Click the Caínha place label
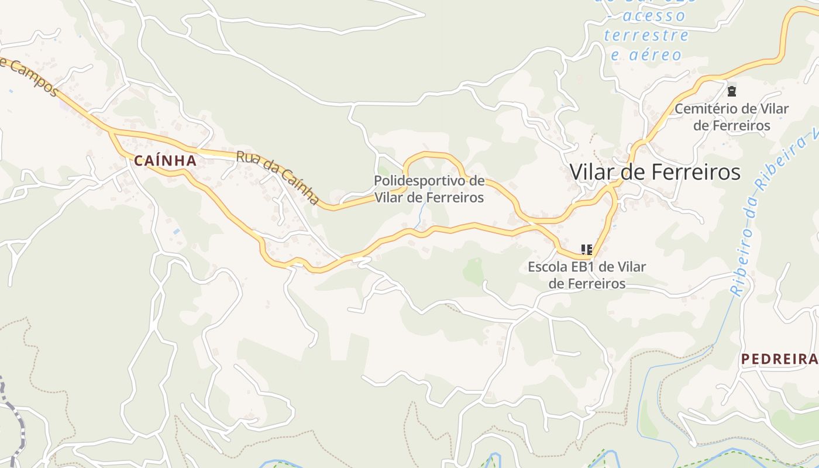pyautogui.click(x=164, y=160)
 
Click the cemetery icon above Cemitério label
pyautogui.click(x=731, y=91)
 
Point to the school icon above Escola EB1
pyautogui.click(x=587, y=250)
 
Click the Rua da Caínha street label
pyautogui.click(x=278, y=178)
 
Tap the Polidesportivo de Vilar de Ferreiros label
pyautogui.click(x=429, y=189)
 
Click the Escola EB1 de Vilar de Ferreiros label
pyautogui.click(x=587, y=275)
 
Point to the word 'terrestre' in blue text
pyautogui.click(x=646, y=35)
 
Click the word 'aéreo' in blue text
pyautogui.click(x=646, y=55)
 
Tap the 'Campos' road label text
pyautogui.click(x=32, y=76)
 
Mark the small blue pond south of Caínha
pyautogui.click(x=177, y=232)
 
